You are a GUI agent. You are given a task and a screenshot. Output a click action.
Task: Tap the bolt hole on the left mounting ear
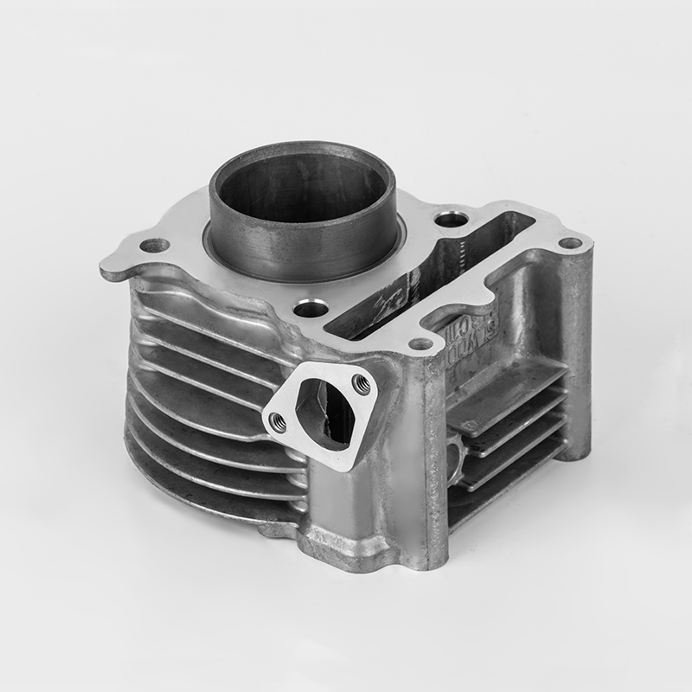coord(155,246)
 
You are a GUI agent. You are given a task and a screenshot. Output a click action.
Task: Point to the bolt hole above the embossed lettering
coord(420,344)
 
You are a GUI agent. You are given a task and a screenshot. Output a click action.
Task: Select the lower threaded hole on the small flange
coord(278,421)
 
